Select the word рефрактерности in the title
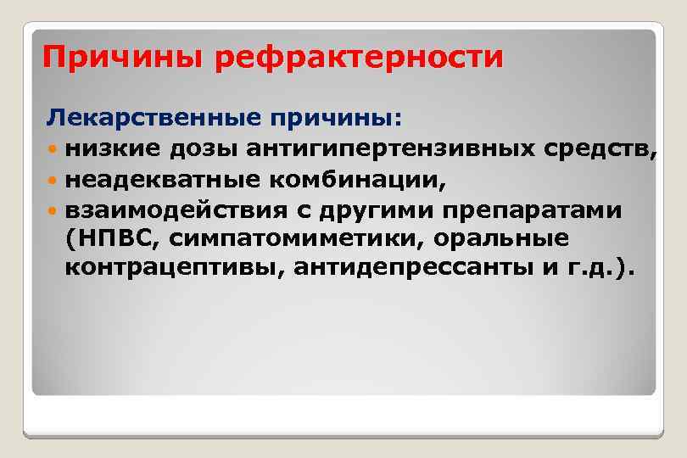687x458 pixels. (355, 59)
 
